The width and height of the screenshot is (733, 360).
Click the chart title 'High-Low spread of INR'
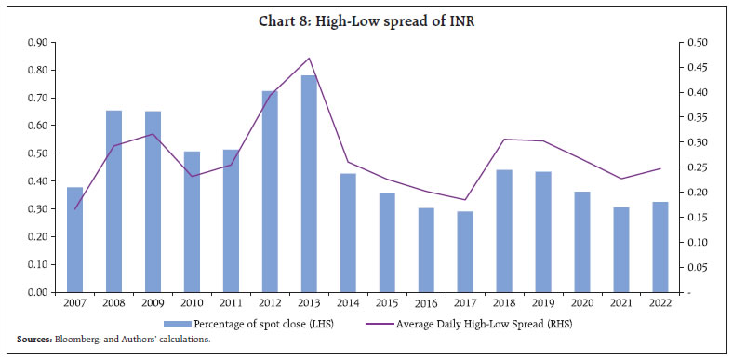[366, 14]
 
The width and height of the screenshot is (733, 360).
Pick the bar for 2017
[465, 251]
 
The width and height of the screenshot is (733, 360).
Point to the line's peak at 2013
[309, 58]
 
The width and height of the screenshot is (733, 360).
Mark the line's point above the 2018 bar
[504, 139]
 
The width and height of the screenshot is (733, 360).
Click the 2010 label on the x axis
[192, 303]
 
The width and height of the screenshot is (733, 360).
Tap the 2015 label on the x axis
[387, 303]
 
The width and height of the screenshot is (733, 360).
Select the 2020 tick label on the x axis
[582, 303]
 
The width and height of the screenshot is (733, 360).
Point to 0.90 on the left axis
[37, 43]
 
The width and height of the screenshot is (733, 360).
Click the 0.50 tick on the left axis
[37, 153]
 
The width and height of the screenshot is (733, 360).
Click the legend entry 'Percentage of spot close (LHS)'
[269, 323]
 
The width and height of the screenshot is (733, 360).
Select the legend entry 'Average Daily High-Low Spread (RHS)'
[502, 323]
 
